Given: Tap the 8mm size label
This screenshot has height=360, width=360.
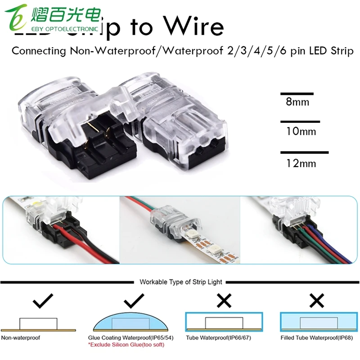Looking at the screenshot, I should pos(297,102).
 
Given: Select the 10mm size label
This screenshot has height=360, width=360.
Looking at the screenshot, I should pos(301,131).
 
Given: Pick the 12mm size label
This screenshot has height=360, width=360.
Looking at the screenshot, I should pos(301,163).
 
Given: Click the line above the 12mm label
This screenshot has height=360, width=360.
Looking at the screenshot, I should pos(304,153).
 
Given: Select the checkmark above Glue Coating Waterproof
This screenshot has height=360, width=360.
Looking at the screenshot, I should pos(134,300).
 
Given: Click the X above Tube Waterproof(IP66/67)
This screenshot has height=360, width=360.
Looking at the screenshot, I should pos(224,300).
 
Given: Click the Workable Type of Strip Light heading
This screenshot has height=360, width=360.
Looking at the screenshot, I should pos(181,282).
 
